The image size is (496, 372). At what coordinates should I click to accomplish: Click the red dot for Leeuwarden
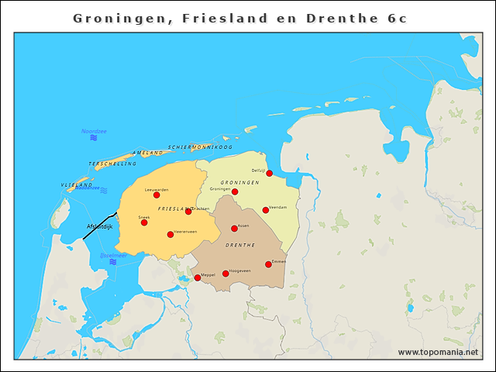pyautogui.click(x=157, y=195)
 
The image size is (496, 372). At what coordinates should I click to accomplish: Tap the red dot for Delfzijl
pyautogui.click(x=269, y=174)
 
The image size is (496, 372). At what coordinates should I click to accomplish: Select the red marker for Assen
pyautogui.click(x=234, y=229)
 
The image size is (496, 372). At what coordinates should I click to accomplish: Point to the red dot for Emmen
pyautogui.click(x=268, y=264)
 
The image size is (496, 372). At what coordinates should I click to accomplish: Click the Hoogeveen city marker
pyautogui.click(x=226, y=274)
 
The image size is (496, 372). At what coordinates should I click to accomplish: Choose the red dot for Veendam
pyautogui.click(x=265, y=210)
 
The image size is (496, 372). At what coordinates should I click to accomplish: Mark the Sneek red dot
pyautogui.click(x=144, y=222)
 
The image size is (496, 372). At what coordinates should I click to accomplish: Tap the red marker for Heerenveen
pyautogui.click(x=170, y=234)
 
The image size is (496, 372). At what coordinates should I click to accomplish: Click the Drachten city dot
pyautogui.click(x=188, y=211)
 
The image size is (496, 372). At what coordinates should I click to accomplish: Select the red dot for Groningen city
pyautogui.click(x=235, y=191)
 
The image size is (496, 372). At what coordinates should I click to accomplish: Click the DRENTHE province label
pyautogui.click(x=240, y=245)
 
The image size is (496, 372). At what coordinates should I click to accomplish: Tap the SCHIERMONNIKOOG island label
pyautogui.click(x=200, y=146)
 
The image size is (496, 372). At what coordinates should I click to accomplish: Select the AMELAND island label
pyautogui.click(x=147, y=153)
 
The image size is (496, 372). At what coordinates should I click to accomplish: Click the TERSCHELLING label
pyautogui.click(x=112, y=164)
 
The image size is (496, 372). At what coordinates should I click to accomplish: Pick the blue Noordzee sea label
pyautogui.click(x=94, y=131)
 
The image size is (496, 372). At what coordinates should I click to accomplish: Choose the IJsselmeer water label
pyautogui.click(x=113, y=254)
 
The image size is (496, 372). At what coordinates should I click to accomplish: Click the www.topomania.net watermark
pyautogui.click(x=438, y=352)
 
